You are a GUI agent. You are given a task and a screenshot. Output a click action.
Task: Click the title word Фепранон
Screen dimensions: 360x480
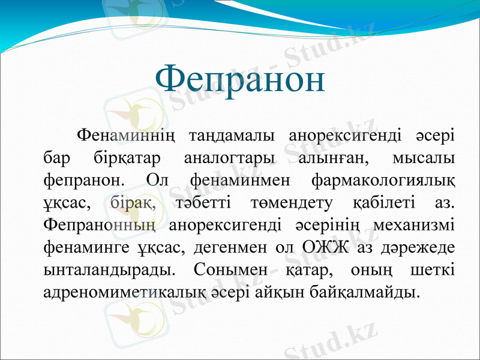(240, 79)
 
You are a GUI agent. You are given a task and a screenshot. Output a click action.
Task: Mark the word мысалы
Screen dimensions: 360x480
(422, 158)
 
